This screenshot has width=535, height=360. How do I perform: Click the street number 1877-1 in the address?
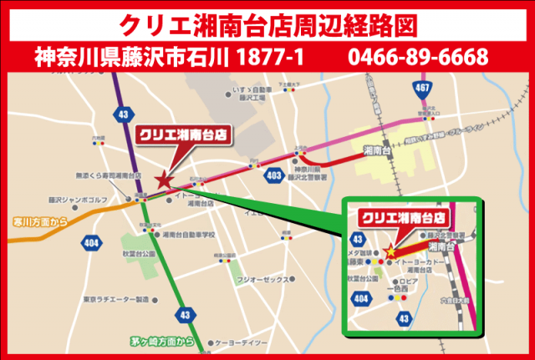pyautogui.click(x=270, y=58)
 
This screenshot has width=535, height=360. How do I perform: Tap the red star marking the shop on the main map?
pyautogui.click(x=164, y=179)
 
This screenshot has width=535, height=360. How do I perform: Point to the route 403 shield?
pyautogui.click(x=273, y=176)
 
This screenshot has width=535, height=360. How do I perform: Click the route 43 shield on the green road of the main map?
pyautogui.click(x=185, y=314)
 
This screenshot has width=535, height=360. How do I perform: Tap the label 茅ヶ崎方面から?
pyautogui.click(x=162, y=341)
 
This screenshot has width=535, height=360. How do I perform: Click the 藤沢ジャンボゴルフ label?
pyautogui.click(x=79, y=200)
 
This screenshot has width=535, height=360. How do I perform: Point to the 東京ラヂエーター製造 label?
pyautogui.click(x=115, y=299)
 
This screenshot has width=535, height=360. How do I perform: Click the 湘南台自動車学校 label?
pyautogui.click(x=190, y=235)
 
